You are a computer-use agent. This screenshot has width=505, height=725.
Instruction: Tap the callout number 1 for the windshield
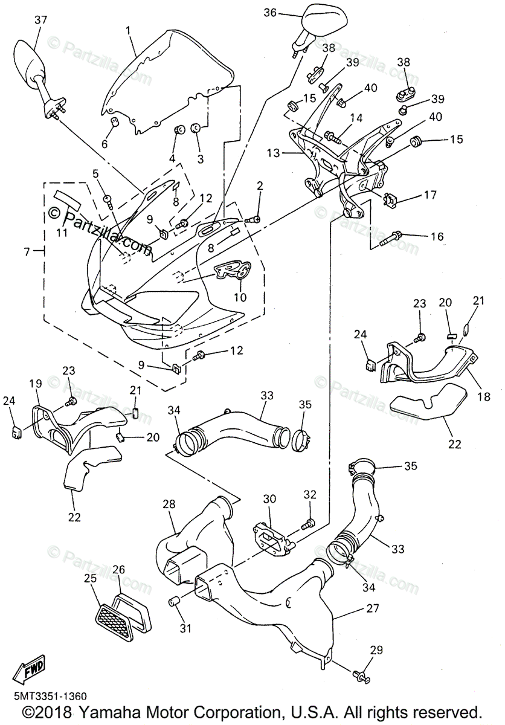[128, 30]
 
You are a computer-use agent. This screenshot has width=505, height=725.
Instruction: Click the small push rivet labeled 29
[362, 672]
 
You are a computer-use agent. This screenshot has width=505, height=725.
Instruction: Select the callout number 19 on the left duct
[35, 383]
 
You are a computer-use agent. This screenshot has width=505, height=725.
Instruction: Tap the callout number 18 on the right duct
[484, 397]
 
